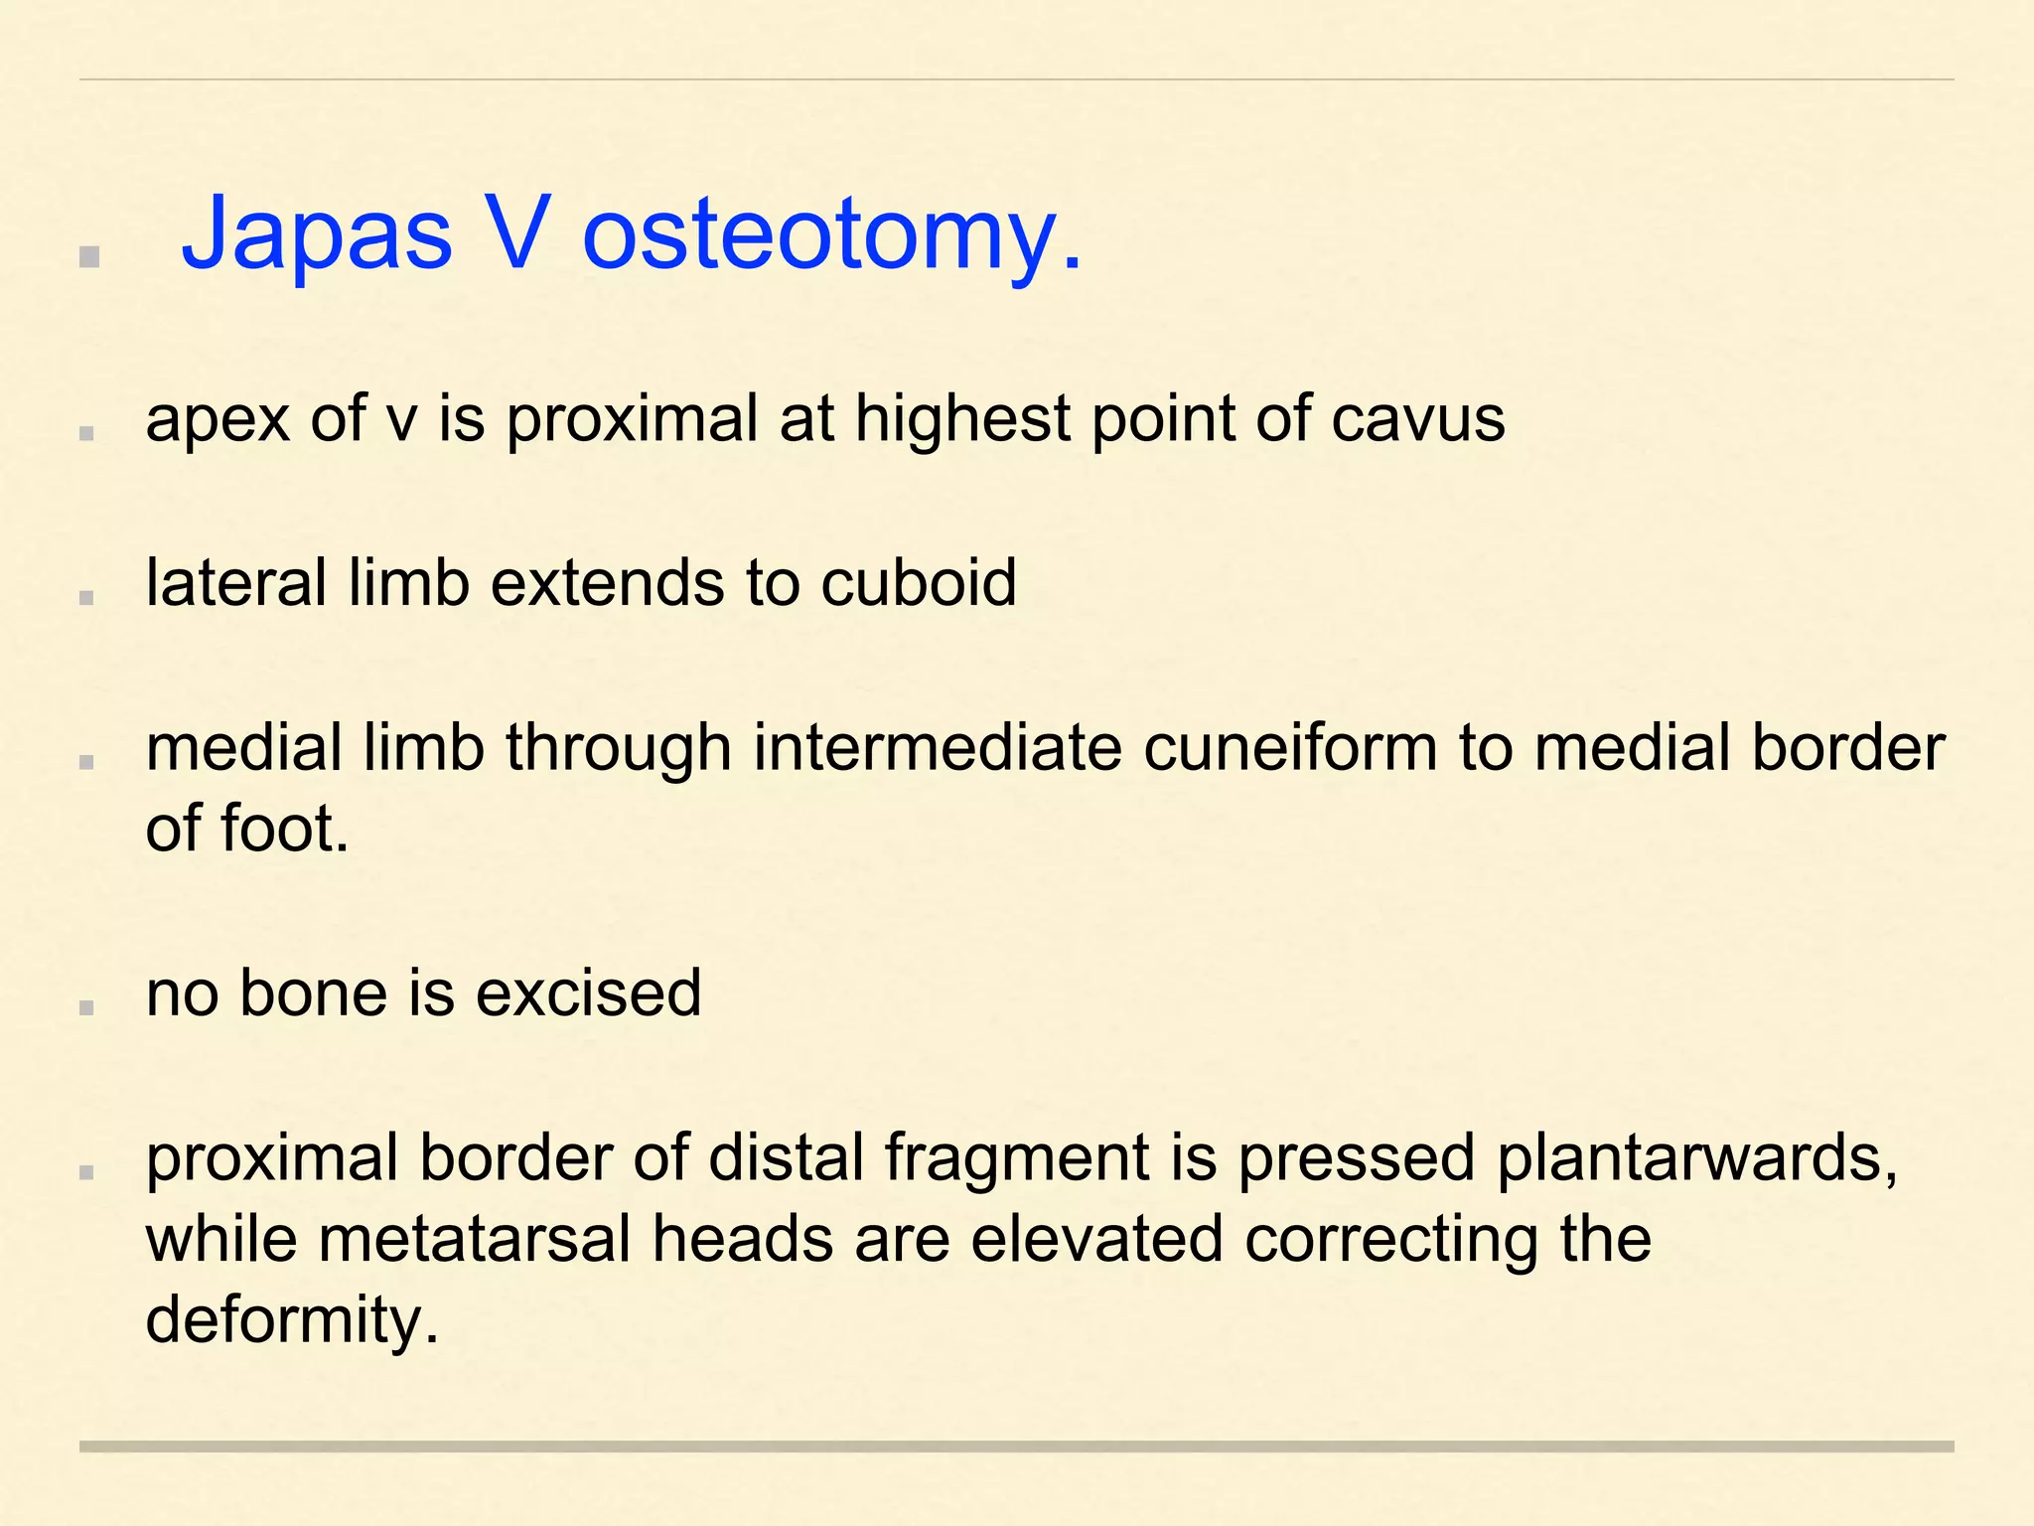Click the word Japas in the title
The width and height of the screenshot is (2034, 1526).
(x=316, y=234)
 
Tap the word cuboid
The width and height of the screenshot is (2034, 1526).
(x=918, y=582)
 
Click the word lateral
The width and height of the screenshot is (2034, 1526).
(x=235, y=582)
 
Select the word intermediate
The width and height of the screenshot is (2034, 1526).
(x=938, y=747)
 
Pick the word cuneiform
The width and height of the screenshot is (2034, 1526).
(x=1290, y=747)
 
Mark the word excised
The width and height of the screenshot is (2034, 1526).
(x=588, y=992)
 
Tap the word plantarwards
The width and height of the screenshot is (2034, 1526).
(x=1697, y=1158)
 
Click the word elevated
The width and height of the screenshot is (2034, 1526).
(x=1096, y=1240)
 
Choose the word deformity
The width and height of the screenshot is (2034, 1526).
(x=291, y=1321)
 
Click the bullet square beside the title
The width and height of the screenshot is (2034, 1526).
(x=89, y=257)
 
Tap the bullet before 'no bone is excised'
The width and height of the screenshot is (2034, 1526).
(x=86, y=1006)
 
